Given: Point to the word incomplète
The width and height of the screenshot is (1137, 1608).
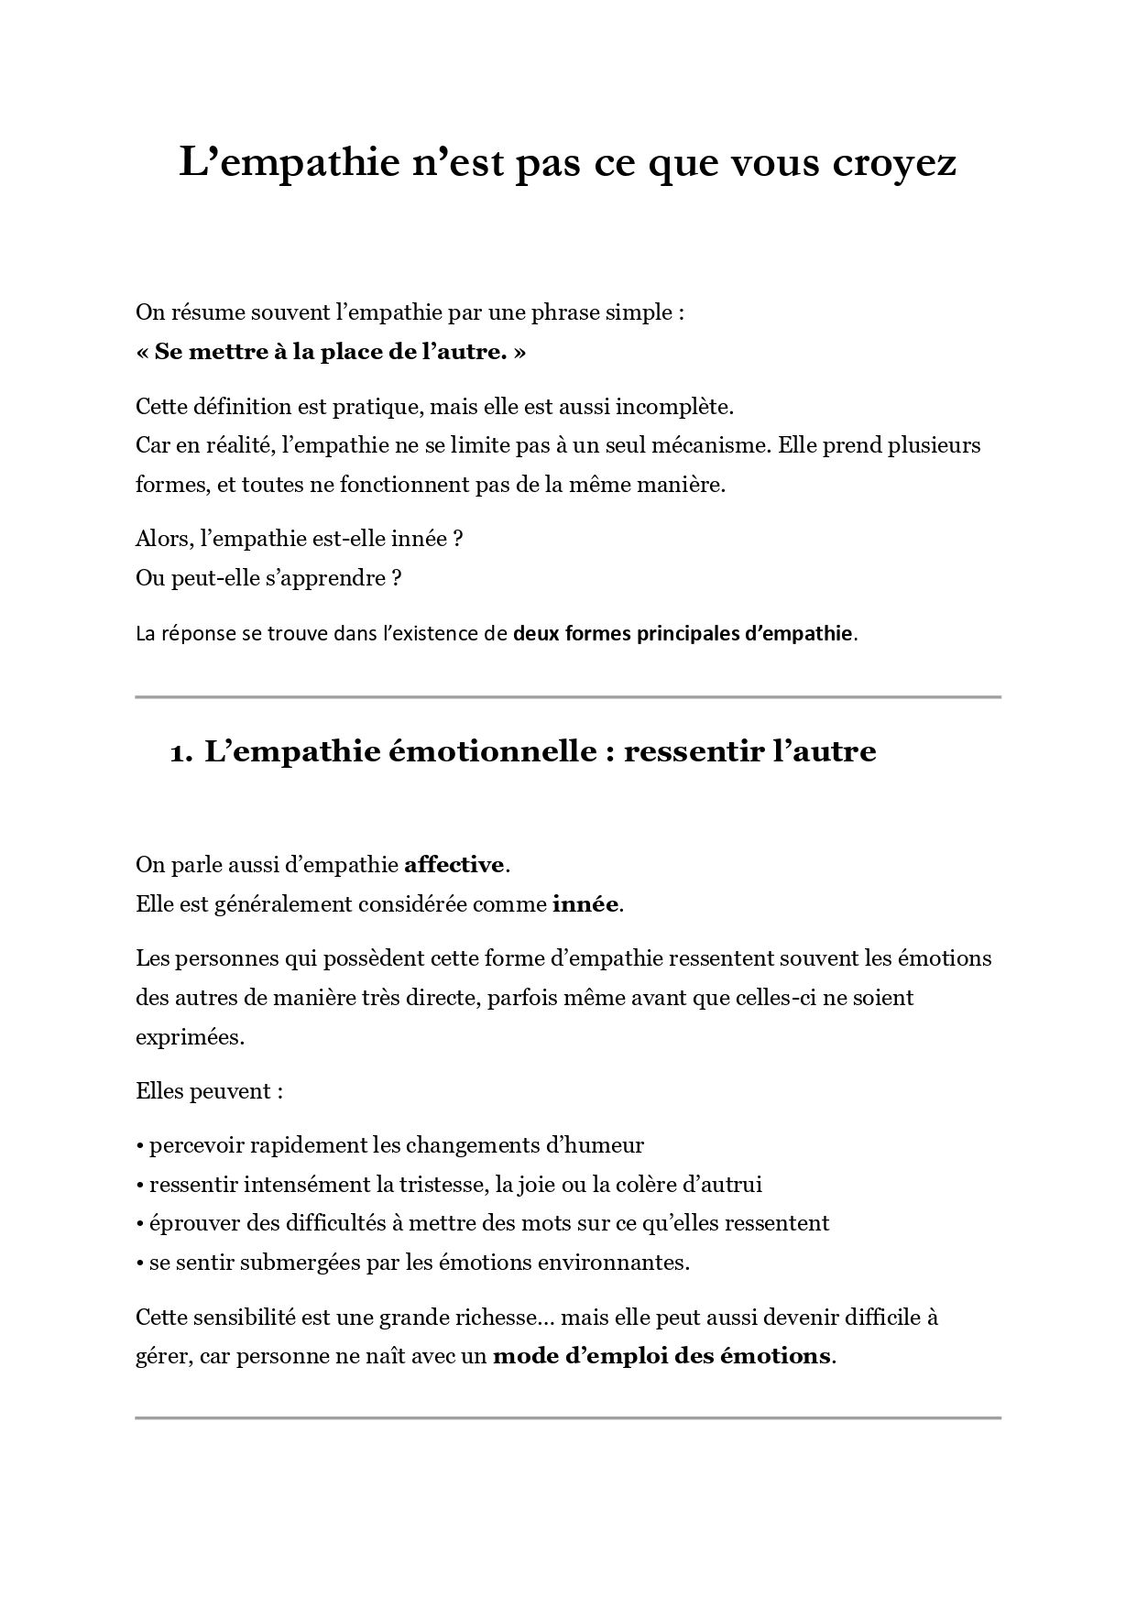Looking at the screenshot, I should pyautogui.click(x=681, y=407).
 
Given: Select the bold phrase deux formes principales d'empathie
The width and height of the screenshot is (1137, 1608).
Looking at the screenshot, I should pyautogui.click(x=683, y=633).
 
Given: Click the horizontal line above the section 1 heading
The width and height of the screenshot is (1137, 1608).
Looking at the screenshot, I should pyautogui.click(x=568, y=697).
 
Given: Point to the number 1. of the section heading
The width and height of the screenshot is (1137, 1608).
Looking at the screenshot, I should pyautogui.click(x=181, y=753).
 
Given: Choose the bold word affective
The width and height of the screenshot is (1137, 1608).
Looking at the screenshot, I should pyautogui.click(x=454, y=865).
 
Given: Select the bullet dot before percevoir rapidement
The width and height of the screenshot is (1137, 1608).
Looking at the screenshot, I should pyautogui.click(x=139, y=1146).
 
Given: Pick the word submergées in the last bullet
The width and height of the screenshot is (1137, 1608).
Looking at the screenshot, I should pyautogui.click(x=288, y=1263).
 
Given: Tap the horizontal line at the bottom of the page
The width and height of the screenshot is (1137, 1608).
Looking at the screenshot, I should pyautogui.click(x=568, y=1418).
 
